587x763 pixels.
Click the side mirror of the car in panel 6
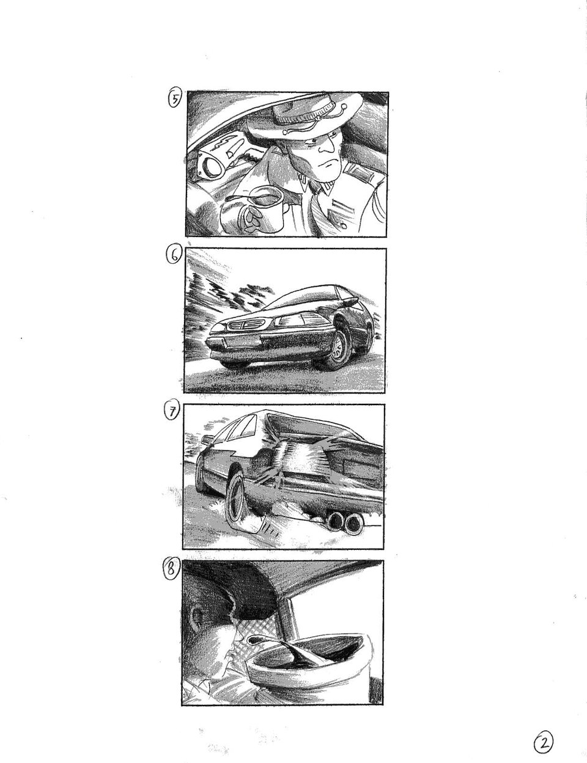pos(350,301)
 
